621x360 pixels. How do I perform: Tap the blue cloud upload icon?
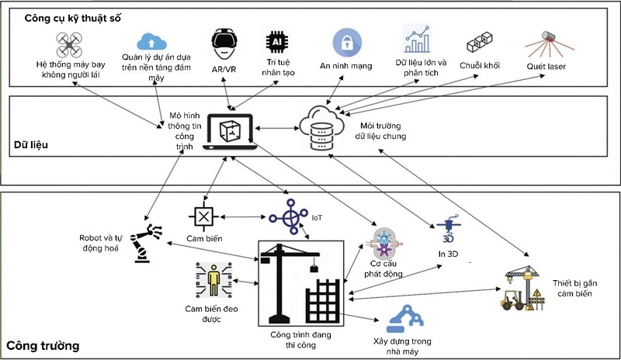click(x=151, y=40)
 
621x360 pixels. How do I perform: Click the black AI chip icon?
click(x=276, y=40)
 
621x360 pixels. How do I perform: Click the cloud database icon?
click(x=321, y=126)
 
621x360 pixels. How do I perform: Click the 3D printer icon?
click(x=451, y=231)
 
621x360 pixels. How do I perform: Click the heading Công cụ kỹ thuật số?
click(x=72, y=17)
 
